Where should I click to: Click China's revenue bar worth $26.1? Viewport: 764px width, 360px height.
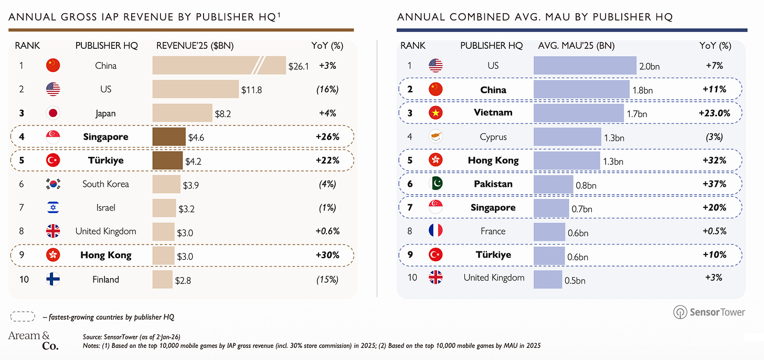219,65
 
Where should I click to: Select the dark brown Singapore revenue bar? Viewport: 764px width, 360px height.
169,136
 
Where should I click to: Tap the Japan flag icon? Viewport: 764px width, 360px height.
53,113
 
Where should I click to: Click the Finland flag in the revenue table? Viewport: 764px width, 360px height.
53,279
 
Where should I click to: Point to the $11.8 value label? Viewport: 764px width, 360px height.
251,90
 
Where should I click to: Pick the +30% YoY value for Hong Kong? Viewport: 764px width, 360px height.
327,255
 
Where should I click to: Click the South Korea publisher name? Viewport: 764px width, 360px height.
106,184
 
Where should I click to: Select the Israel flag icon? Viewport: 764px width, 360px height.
53,207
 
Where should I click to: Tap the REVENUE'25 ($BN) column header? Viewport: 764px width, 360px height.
195,46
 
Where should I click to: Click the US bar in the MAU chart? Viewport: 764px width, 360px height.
585,65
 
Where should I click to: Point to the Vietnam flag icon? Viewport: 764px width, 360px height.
436,113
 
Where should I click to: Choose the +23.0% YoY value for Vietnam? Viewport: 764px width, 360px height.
714,113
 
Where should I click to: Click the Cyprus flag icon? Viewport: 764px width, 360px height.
436,136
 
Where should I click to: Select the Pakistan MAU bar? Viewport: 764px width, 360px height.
553,184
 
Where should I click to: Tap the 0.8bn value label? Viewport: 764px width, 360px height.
586,185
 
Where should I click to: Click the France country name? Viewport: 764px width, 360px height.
493,231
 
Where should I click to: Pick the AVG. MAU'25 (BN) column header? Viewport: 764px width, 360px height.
576,46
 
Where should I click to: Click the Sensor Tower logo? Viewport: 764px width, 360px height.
709,312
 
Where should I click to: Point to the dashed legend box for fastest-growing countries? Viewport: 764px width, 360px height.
23,316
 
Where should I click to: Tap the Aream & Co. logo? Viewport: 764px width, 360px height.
34,340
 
